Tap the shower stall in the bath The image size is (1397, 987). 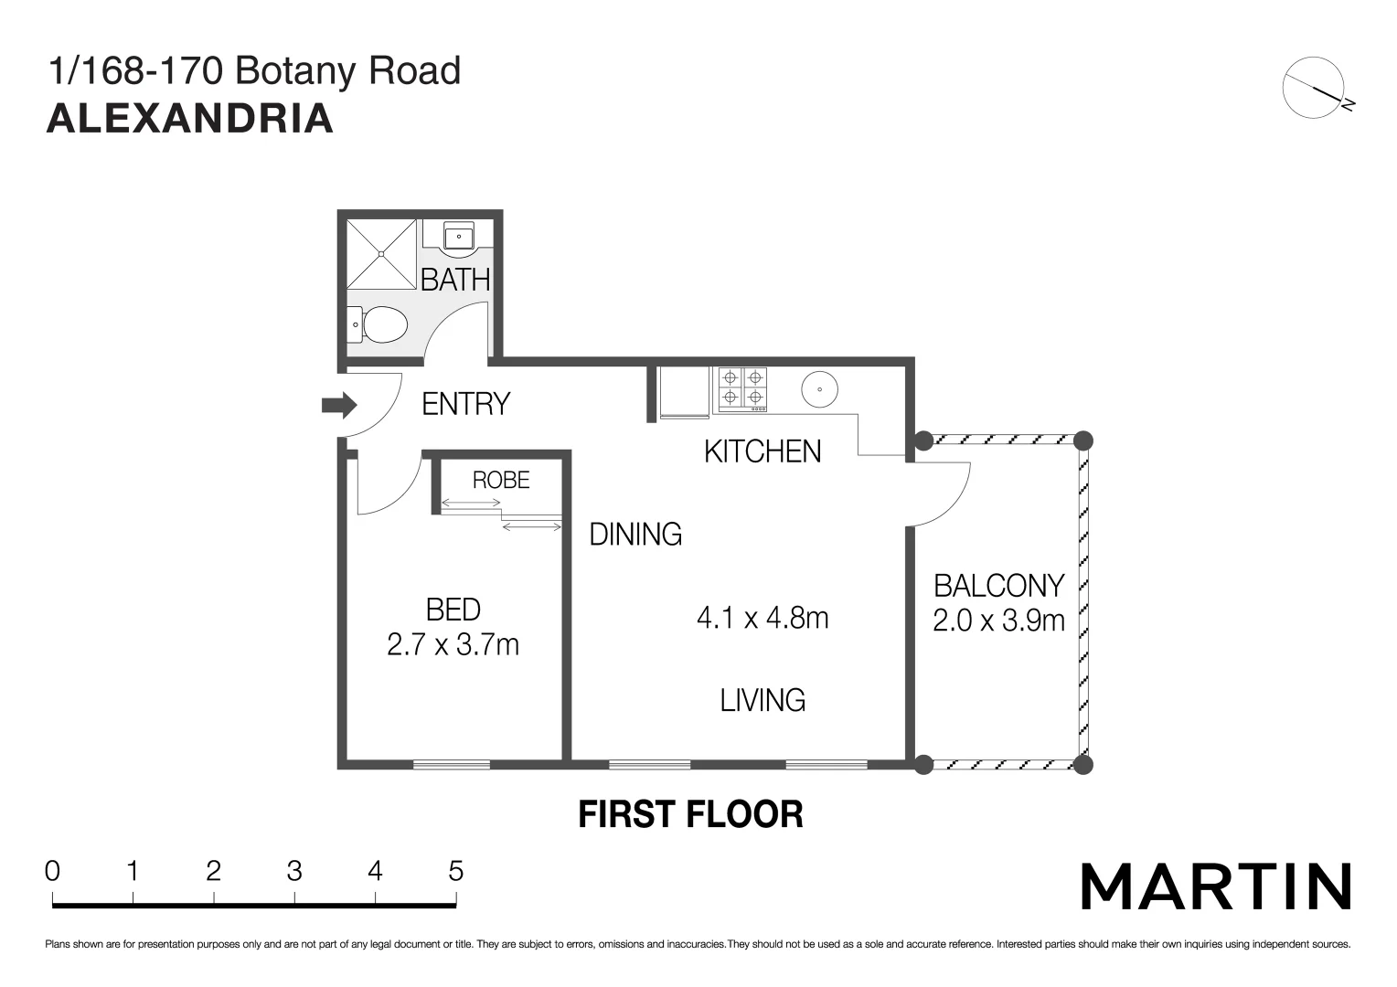pyautogui.click(x=381, y=253)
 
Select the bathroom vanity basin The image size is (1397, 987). pyautogui.click(x=458, y=237)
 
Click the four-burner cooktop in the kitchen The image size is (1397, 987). pyautogui.click(x=741, y=387)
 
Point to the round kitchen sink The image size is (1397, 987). pyautogui.click(x=820, y=390)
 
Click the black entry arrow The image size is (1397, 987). pyautogui.click(x=339, y=405)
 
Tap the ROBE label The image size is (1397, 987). pyautogui.click(x=501, y=480)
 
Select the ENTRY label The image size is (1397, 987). pyautogui.click(x=465, y=404)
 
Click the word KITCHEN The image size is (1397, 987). pyautogui.click(x=762, y=451)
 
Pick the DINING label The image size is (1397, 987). pyautogui.click(x=635, y=534)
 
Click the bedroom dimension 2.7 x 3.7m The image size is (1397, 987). pyautogui.click(x=453, y=645)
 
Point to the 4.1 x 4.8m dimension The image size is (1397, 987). pyautogui.click(x=762, y=619)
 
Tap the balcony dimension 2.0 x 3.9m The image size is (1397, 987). pyautogui.click(x=998, y=621)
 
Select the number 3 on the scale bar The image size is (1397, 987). pyautogui.click(x=294, y=871)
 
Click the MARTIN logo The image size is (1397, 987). pyautogui.click(x=1216, y=886)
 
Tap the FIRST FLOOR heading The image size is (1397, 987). pyautogui.click(x=690, y=814)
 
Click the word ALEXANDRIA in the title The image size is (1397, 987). pyautogui.click(x=190, y=119)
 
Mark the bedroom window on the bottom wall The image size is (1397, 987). pyautogui.click(x=451, y=764)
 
